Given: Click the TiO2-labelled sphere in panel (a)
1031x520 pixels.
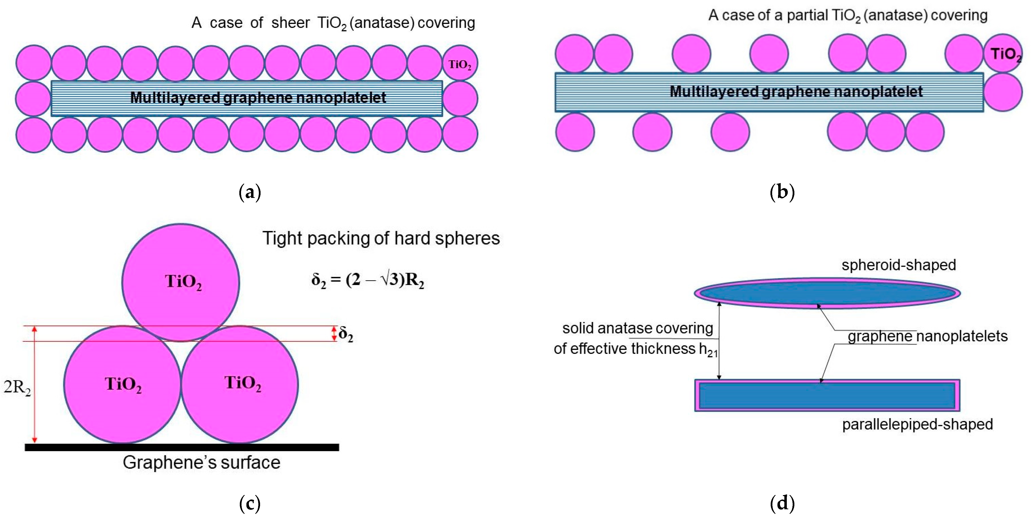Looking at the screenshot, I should click(460, 63).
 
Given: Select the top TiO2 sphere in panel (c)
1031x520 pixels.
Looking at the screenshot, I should click(181, 282).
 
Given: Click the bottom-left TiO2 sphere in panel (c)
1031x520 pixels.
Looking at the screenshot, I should click(122, 384).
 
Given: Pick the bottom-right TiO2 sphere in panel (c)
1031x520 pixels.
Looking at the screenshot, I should click(240, 384).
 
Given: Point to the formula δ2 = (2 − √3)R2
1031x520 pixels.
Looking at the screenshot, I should click(368, 280).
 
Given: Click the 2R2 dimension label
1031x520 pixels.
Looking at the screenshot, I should click(17, 387).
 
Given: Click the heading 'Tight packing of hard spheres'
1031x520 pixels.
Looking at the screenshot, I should click(381, 238).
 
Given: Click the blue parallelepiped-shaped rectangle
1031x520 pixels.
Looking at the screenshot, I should click(827, 395).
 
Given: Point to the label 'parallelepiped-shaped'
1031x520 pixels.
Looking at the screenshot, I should click(917, 424).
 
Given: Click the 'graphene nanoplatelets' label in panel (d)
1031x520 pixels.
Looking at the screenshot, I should click(927, 336).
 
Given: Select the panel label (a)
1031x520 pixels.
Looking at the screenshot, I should click(250, 192).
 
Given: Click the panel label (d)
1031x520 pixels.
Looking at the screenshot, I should click(782, 503).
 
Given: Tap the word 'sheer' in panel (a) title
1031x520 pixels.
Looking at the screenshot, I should click(290, 23).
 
